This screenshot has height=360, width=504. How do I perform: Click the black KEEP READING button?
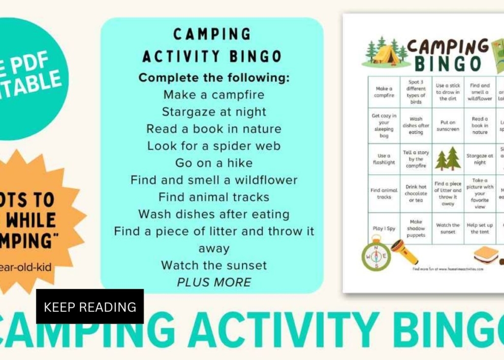pyautogui.click(x=90, y=306)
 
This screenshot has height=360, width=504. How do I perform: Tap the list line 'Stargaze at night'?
pyautogui.click(x=214, y=112)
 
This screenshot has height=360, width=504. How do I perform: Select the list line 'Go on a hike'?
pyautogui.click(x=214, y=163)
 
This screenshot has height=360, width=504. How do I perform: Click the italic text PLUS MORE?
pyautogui.click(x=214, y=282)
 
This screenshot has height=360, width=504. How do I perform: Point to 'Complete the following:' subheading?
pyautogui.click(x=214, y=77)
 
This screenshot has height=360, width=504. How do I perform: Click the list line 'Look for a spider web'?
pyautogui.click(x=214, y=146)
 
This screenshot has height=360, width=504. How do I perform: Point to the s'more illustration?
pyautogui.click(x=486, y=256)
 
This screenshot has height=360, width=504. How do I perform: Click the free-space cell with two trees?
pyautogui.click(x=448, y=159)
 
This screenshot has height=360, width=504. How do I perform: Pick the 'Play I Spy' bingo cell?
pyautogui.click(x=384, y=229)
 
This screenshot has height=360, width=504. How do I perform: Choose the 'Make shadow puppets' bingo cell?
pyautogui.click(x=416, y=229)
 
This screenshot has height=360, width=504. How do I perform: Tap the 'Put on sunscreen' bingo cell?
pyautogui.click(x=448, y=126)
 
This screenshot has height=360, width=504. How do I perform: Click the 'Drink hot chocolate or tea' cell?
pyautogui.click(x=416, y=193)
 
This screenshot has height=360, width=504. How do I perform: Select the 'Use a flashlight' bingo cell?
pyautogui.click(x=384, y=159)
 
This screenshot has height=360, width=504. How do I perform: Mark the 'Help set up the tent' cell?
pyautogui.click(x=480, y=229)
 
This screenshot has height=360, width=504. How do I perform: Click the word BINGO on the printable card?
pyautogui.click(x=447, y=64)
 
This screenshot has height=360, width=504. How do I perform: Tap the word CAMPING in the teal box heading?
pyautogui.click(x=212, y=34)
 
